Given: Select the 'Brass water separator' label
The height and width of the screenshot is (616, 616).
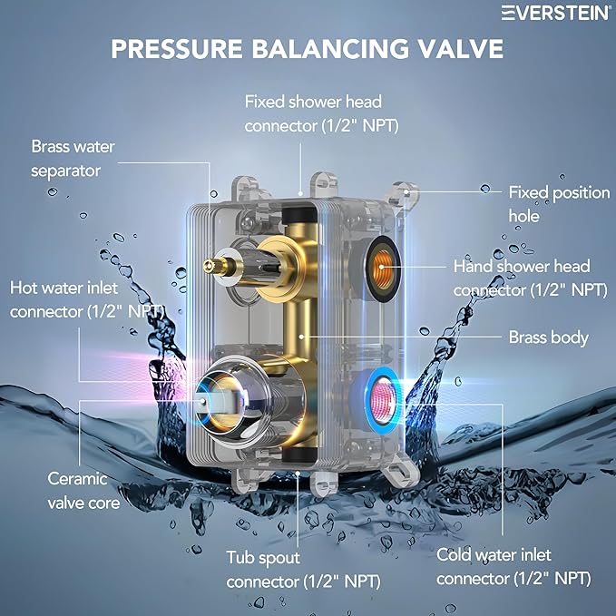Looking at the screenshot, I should (67, 158).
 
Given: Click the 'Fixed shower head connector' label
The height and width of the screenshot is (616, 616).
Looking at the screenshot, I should (322, 112).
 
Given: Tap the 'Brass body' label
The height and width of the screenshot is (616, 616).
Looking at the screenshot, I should (548, 337).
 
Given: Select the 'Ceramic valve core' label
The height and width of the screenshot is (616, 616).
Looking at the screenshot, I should (77, 490).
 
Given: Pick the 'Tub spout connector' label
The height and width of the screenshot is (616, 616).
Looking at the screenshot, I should (303, 569).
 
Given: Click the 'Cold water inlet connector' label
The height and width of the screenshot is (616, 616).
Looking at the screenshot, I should (513, 565).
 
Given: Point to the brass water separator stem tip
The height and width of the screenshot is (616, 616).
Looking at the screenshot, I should (209, 265).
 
